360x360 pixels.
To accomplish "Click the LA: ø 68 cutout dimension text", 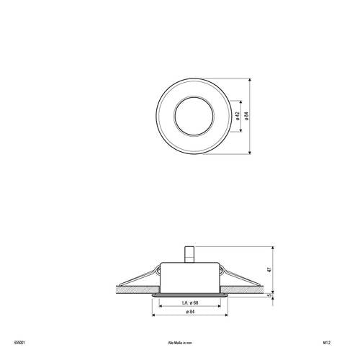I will [x=190, y=302].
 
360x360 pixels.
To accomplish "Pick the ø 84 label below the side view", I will [x=191, y=311].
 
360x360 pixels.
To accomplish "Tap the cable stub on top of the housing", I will [x=191, y=256].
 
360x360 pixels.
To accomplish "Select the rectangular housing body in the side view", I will [x=191, y=277].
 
